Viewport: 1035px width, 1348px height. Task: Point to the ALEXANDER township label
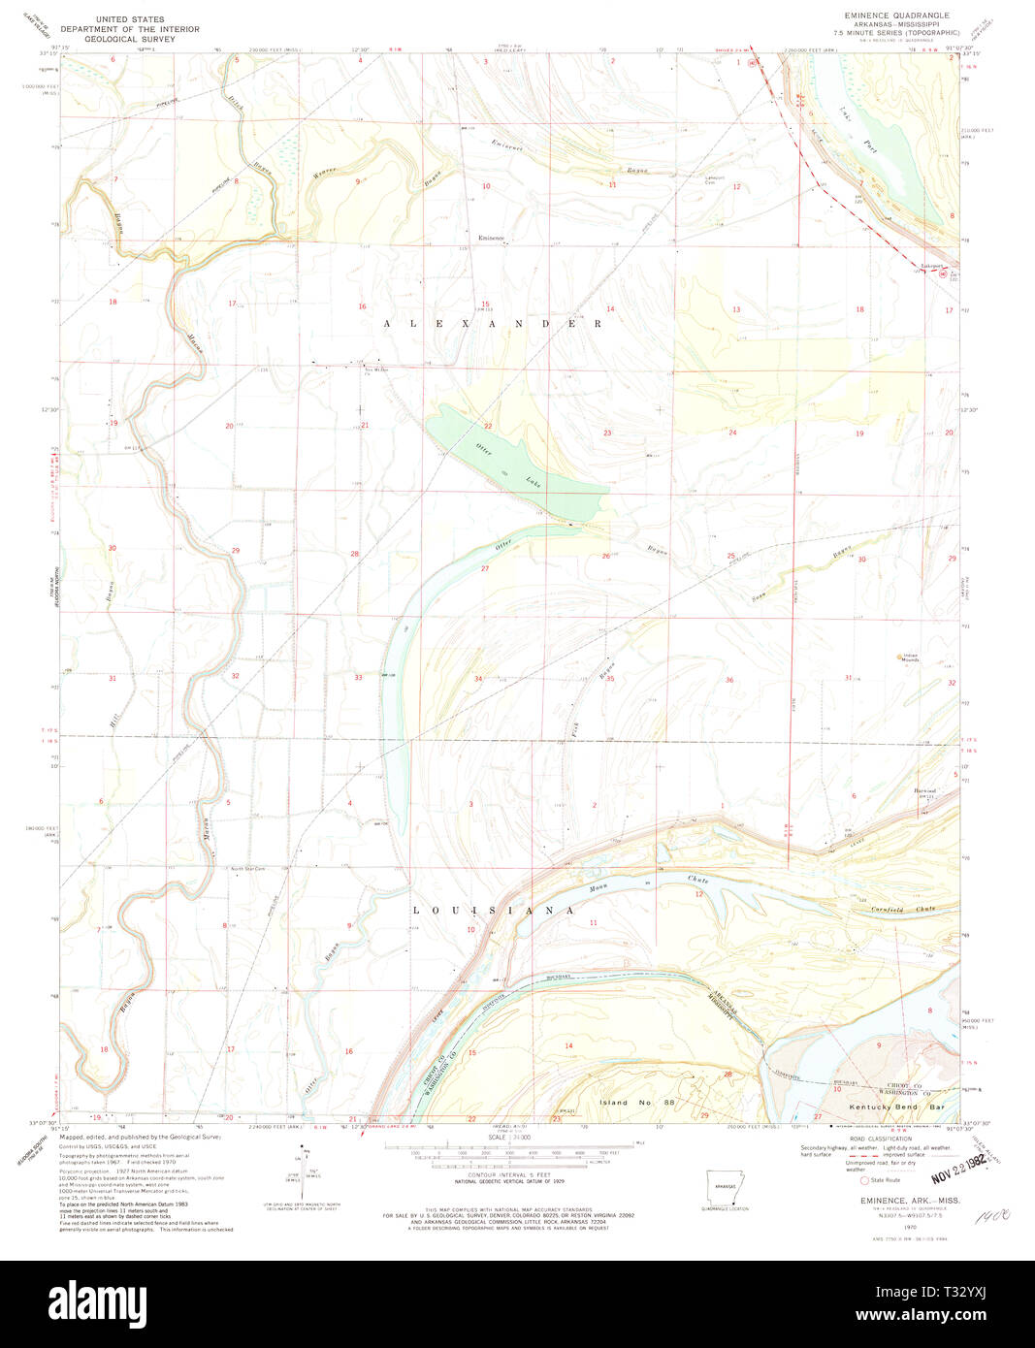pyautogui.click(x=492, y=324)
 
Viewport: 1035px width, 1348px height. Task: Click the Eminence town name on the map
pyautogui.click(x=491, y=238)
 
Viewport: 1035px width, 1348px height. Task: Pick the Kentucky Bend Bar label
pyautogui.click(x=896, y=1107)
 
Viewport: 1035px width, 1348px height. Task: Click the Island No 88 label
pyautogui.click(x=631, y=1103)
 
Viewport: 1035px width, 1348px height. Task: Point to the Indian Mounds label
pyautogui.click(x=910, y=658)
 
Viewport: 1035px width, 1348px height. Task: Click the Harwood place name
pyautogui.click(x=924, y=790)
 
